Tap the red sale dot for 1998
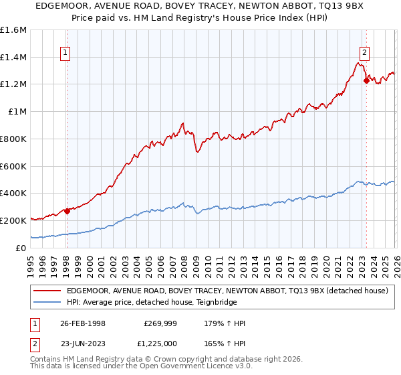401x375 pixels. coord(67,211)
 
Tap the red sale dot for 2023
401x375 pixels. coord(366,81)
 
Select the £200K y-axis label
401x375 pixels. coord(13,220)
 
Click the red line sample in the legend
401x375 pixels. coord(48,290)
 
